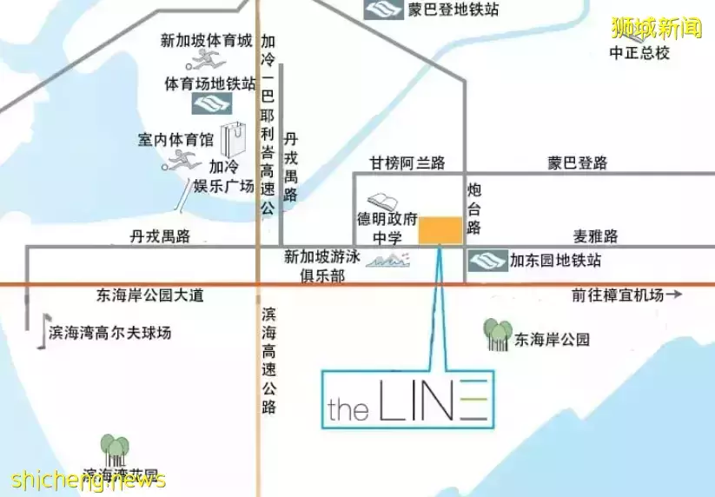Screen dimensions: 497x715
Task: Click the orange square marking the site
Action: [x=440, y=229]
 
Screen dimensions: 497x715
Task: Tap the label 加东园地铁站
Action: [x=555, y=260]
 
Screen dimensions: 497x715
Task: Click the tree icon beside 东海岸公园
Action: [x=498, y=335]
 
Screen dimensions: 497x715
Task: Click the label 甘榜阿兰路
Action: [x=407, y=162]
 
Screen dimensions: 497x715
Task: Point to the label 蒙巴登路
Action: [x=578, y=162]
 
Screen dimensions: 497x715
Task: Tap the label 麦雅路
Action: [x=595, y=235]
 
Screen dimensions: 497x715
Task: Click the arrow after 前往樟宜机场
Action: [x=674, y=295]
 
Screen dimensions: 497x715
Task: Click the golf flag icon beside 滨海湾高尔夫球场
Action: [x=40, y=332]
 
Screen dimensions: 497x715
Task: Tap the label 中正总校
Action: [x=639, y=52]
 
